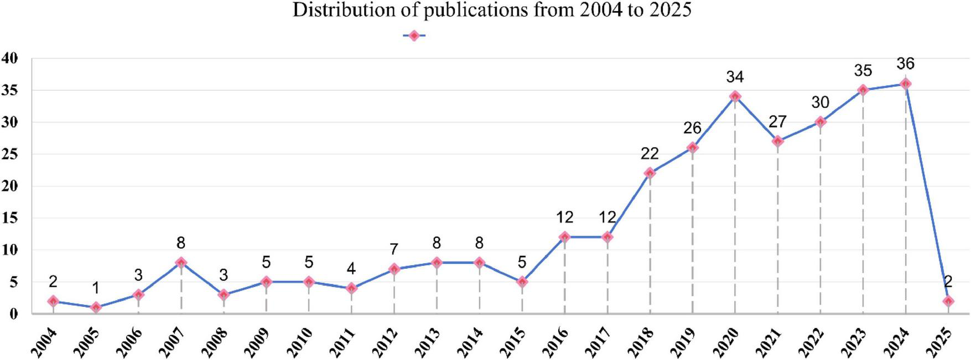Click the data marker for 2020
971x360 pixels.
(735, 96)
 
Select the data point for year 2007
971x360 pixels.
(181, 263)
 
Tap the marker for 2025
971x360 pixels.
(948, 301)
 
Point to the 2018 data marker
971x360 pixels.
(650, 173)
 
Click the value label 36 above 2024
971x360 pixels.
(905, 64)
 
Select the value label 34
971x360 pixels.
(735, 77)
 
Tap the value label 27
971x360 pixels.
(777, 122)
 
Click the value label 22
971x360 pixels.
(650, 154)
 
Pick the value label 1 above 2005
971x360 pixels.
(96, 288)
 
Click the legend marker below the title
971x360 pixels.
(413, 35)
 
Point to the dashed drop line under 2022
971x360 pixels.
(820, 221)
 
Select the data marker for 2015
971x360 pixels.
(522, 282)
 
